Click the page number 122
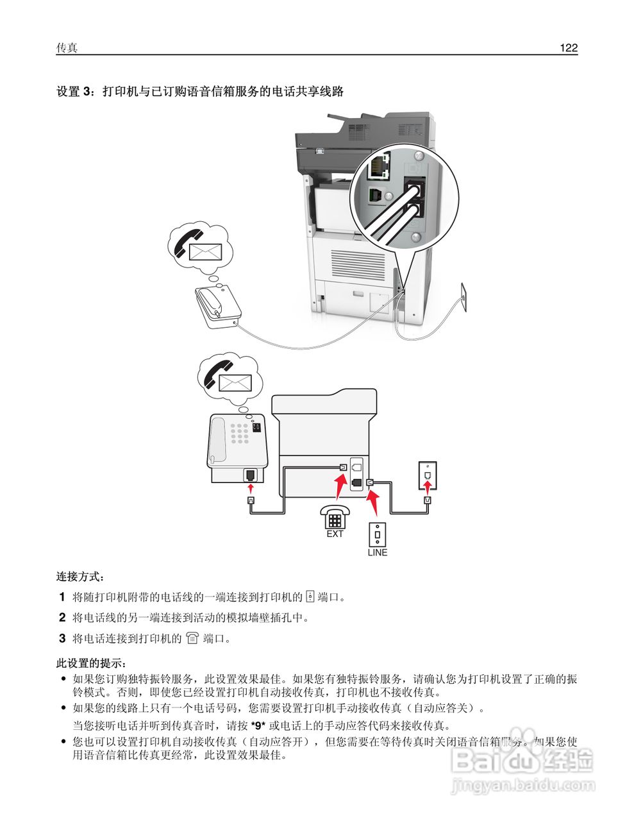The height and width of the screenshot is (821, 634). pyautogui.click(x=568, y=48)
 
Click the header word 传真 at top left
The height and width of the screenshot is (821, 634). pyautogui.click(x=67, y=48)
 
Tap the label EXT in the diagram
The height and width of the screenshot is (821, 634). pyautogui.click(x=335, y=534)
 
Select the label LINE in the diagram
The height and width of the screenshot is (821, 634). pyautogui.click(x=377, y=552)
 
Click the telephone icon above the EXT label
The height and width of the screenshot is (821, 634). pyautogui.click(x=335, y=517)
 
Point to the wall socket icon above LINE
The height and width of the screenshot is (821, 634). pyautogui.click(x=377, y=533)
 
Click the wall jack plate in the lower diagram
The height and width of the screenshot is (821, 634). pyautogui.click(x=427, y=473)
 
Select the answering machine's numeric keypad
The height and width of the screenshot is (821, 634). pyautogui.click(x=240, y=434)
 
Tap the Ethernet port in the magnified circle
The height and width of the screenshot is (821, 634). pyautogui.click(x=377, y=167)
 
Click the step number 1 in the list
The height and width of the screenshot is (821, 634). pyautogui.click(x=62, y=597)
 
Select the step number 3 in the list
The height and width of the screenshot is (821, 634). pyautogui.click(x=62, y=639)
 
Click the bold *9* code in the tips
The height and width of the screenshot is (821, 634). pyautogui.click(x=258, y=726)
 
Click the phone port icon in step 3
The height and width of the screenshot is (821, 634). pyautogui.click(x=192, y=639)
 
